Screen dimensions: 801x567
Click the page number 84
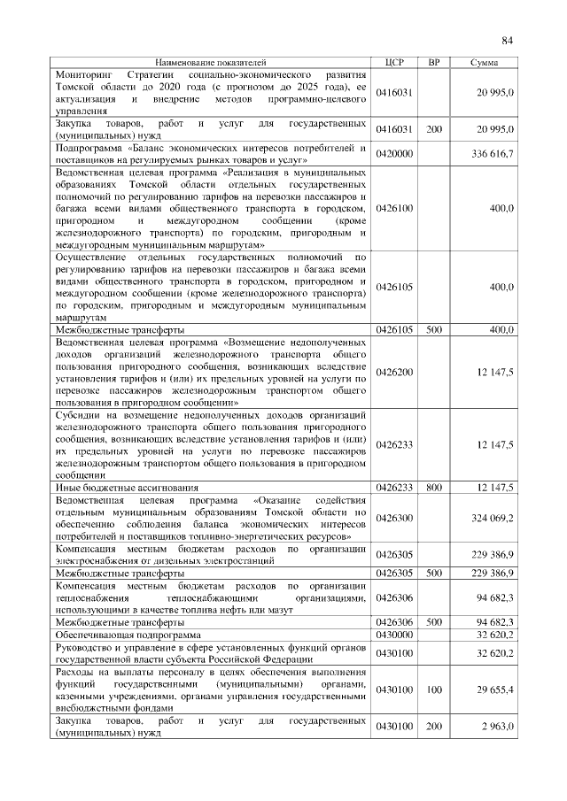tap(508, 41)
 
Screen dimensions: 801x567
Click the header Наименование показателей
tap(210, 63)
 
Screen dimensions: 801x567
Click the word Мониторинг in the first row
tap(82, 75)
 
